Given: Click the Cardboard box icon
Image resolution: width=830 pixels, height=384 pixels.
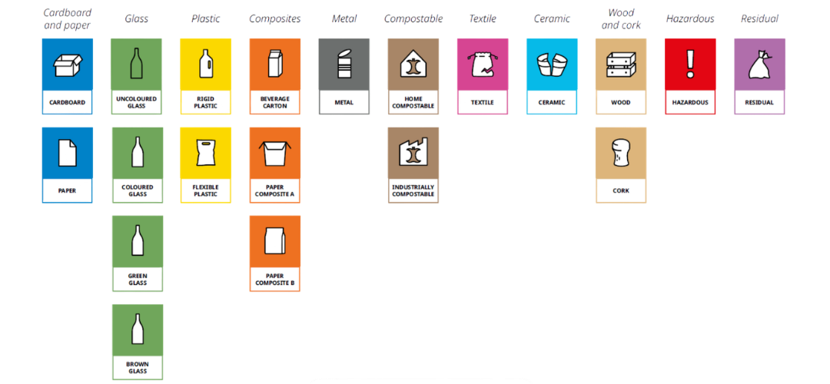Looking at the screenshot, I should pyautogui.click(x=67, y=64).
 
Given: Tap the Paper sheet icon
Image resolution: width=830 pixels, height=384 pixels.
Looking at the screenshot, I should pyautogui.click(x=67, y=152).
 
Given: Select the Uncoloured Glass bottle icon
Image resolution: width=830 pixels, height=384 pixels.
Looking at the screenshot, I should pyautogui.click(x=137, y=64).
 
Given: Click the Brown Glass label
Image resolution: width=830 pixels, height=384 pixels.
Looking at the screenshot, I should pyautogui.click(x=138, y=366).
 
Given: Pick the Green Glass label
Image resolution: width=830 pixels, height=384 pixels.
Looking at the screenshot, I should pyautogui.click(x=138, y=279).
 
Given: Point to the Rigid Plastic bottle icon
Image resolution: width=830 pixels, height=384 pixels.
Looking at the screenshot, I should pyautogui.click(x=205, y=64).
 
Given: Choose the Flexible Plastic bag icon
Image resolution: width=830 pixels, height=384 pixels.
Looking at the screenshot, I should pyautogui.click(x=205, y=153).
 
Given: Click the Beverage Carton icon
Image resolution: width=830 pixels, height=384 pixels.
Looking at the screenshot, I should pyautogui.click(x=275, y=64).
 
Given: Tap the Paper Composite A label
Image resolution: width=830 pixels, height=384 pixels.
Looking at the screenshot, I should pyautogui.click(x=275, y=190).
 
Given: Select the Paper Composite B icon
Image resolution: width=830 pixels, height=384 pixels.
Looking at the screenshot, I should pyautogui.click(x=275, y=240).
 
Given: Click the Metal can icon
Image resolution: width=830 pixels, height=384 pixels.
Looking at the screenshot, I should pyautogui.click(x=344, y=64).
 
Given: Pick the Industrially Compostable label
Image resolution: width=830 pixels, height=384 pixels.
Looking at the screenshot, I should pyautogui.click(x=413, y=190).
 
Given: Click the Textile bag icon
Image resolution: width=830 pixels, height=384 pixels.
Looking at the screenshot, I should pyautogui.click(x=483, y=64).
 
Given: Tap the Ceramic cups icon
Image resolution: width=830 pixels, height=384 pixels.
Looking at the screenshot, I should pyautogui.click(x=552, y=65).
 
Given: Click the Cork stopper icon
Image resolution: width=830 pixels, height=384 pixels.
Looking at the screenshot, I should pyautogui.click(x=621, y=154).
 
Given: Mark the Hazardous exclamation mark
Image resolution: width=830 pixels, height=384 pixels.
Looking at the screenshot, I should pyautogui.click(x=690, y=61).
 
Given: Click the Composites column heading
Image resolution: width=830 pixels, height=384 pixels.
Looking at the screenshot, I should pyautogui.click(x=275, y=18).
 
